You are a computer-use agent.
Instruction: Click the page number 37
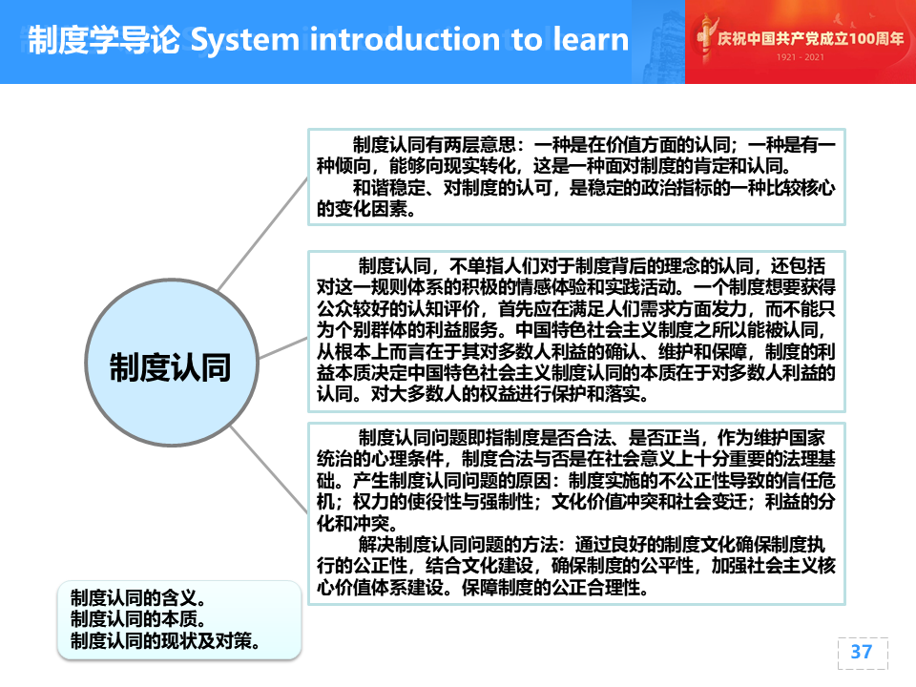click(861, 652)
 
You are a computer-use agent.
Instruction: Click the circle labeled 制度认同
click(172, 363)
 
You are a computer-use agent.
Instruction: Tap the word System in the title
click(245, 40)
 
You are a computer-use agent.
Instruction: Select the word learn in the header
click(591, 39)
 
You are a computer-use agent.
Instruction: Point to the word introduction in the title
click(405, 39)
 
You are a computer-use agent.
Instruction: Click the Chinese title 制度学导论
click(104, 40)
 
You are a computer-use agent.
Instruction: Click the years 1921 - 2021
click(800, 57)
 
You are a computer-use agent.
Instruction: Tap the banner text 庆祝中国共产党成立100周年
click(810, 38)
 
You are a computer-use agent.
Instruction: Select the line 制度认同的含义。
click(137, 597)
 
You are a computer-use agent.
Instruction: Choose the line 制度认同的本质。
click(137, 618)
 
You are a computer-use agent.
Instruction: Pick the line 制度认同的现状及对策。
click(165, 640)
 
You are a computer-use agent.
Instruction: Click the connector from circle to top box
click(263, 234)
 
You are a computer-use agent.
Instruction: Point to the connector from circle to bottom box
click(269, 469)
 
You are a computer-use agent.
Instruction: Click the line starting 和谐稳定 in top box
click(593, 188)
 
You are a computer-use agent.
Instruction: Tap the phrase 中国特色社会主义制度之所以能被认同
click(670, 330)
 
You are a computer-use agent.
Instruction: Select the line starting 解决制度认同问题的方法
click(592, 545)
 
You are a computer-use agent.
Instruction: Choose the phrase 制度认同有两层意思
click(434, 144)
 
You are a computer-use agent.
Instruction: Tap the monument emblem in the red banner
click(706, 38)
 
